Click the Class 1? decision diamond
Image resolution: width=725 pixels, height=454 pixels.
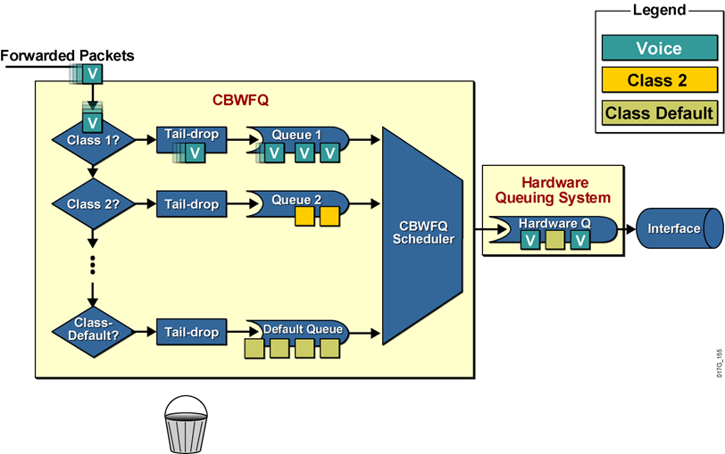coord(92,141)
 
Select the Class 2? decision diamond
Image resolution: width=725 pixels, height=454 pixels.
coord(92,204)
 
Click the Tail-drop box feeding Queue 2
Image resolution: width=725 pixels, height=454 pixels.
coord(191,204)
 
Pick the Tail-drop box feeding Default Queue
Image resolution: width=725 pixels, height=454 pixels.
coord(191,332)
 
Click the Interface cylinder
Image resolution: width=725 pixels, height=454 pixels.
coord(678,229)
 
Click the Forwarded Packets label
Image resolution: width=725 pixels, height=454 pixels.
coord(68,56)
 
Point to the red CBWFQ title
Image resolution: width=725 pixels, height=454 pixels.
coord(240,100)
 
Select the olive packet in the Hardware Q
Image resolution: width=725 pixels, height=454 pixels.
coord(555,239)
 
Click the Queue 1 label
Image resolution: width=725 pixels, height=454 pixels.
coord(296,135)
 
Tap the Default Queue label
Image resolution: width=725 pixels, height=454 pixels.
coord(302,328)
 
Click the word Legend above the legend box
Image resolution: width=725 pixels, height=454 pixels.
coord(659,10)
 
